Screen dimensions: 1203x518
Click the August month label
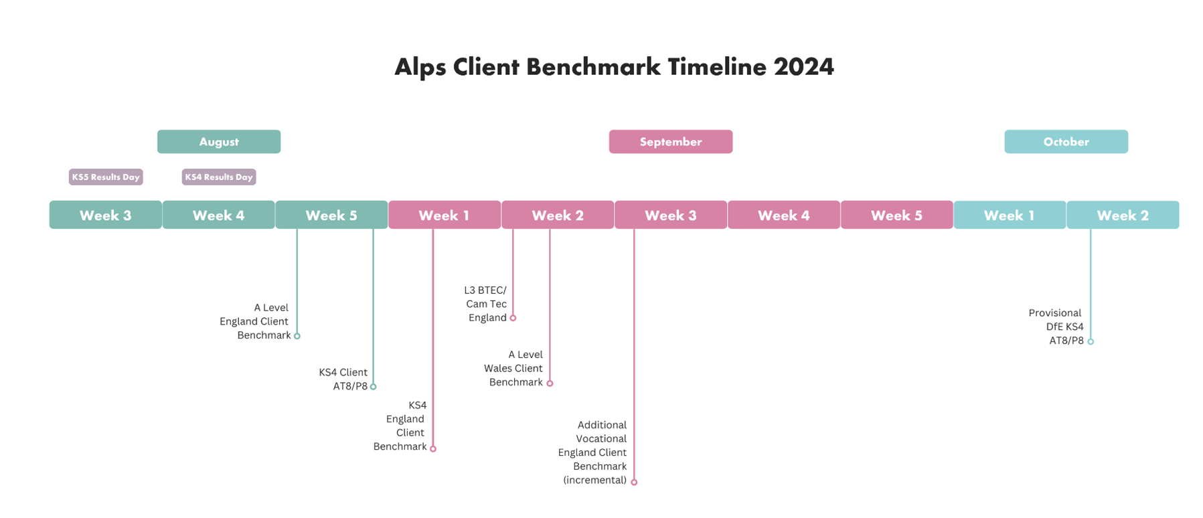pyautogui.click(x=219, y=142)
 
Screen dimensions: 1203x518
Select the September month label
pyautogui.click(x=671, y=142)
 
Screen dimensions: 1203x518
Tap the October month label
pyautogui.click(x=1066, y=142)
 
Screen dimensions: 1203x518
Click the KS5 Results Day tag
pyautogui.click(x=106, y=177)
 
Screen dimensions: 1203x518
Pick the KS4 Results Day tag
pyautogui.click(x=219, y=177)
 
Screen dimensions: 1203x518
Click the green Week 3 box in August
pyautogui.click(x=106, y=215)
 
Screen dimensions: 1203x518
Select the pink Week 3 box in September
pyautogui.click(x=671, y=215)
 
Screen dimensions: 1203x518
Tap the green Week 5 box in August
pyautogui.click(x=331, y=215)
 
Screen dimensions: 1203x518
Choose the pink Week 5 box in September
pyautogui.click(x=897, y=215)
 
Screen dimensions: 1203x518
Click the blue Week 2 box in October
pyautogui.click(x=1123, y=215)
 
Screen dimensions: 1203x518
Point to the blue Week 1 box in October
pyautogui.click(x=1010, y=215)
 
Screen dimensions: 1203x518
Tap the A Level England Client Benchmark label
pyautogui.click(x=254, y=321)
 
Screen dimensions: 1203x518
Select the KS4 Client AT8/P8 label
pyautogui.click(x=343, y=379)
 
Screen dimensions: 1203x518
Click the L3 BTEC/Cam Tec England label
pyautogui.click(x=486, y=304)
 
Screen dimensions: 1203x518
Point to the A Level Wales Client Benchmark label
pyautogui.click(x=513, y=368)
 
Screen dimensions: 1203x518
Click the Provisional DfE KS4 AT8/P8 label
pyautogui.click(x=1056, y=327)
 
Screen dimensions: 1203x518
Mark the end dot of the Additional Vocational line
pyautogui.click(x=634, y=482)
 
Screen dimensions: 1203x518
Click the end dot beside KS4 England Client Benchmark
pyautogui.click(x=433, y=448)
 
